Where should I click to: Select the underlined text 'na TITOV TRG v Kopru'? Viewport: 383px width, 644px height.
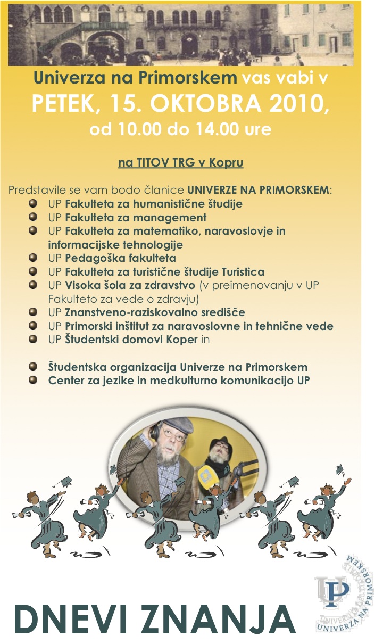pos(180,162)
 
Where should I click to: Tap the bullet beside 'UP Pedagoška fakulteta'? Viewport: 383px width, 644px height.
pos(33,258)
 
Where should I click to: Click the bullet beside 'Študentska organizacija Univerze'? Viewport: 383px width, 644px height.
pos(33,367)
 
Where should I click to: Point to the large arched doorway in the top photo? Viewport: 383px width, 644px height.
pos(101,45)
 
